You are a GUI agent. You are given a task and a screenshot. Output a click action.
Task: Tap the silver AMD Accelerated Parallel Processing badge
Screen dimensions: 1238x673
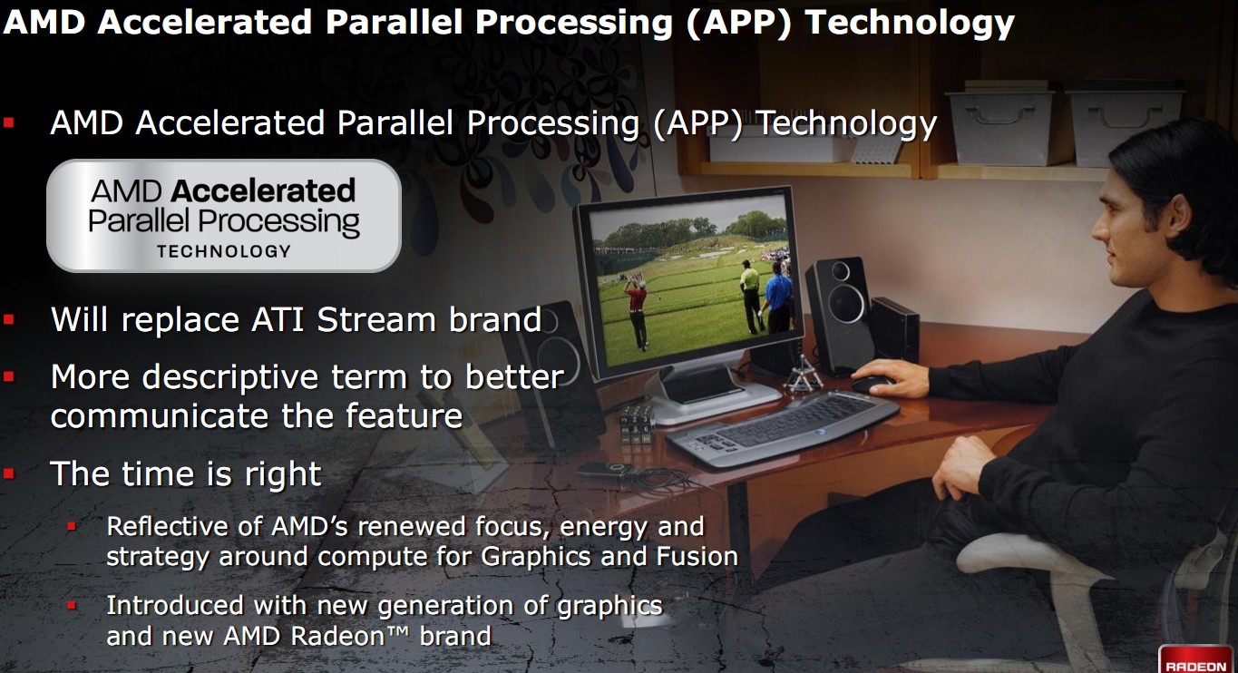[224, 216]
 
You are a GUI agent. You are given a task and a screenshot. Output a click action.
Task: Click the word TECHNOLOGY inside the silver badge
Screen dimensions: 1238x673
[224, 251]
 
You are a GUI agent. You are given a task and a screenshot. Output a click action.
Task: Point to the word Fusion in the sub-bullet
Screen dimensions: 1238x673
[697, 556]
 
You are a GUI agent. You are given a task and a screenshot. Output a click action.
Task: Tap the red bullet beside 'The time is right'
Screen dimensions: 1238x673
[9, 473]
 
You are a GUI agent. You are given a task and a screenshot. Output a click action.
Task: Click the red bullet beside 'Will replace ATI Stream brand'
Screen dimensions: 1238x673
[9, 319]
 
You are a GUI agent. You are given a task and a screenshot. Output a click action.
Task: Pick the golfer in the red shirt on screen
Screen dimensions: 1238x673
[637, 313]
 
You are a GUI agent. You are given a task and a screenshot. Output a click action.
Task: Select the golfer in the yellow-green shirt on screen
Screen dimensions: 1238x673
[751, 296]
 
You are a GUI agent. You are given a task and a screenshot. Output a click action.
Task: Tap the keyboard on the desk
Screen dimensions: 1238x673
[782, 428]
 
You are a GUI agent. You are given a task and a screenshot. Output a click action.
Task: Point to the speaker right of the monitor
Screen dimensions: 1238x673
[838, 314]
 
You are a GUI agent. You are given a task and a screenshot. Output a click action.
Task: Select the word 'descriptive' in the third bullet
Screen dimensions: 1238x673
[230, 377]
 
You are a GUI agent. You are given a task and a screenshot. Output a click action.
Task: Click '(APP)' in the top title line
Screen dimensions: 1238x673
[739, 22]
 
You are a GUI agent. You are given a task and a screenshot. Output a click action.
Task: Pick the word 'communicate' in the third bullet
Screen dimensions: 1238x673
[160, 415]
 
